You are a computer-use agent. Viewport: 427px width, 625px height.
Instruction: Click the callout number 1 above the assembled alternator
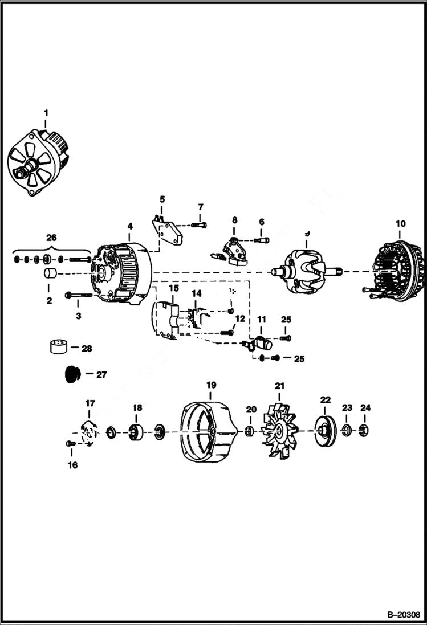(47, 113)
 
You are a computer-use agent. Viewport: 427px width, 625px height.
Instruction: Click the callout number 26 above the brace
(51, 238)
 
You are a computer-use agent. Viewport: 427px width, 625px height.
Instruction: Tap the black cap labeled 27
(70, 375)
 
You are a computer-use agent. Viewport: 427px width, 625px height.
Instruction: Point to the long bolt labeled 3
(79, 295)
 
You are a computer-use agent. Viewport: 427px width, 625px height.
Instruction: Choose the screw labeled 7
(199, 226)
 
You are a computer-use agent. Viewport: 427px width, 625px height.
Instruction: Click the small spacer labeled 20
(250, 430)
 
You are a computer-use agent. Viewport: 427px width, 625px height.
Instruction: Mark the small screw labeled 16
(71, 443)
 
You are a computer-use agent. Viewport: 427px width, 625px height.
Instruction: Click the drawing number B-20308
(403, 615)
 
